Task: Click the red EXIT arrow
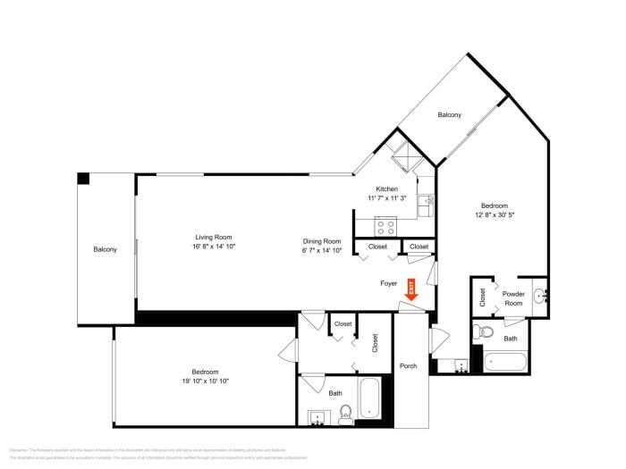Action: click(411, 289)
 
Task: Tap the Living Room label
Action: click(214, 237)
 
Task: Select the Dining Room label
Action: click(321, 241)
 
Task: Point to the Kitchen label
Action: click(386, 188)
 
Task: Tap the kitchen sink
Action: click(429, 203)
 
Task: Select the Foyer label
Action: click(389, 283)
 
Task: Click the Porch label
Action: click(409, 366)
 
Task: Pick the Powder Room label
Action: click(513, 298)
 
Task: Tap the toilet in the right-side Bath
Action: click(485, 332)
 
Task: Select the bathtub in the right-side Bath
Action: click(506, 361)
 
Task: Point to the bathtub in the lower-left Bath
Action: click(372, 401)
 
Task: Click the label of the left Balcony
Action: click(105, 249)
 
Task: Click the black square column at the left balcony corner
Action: click(83, 179)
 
